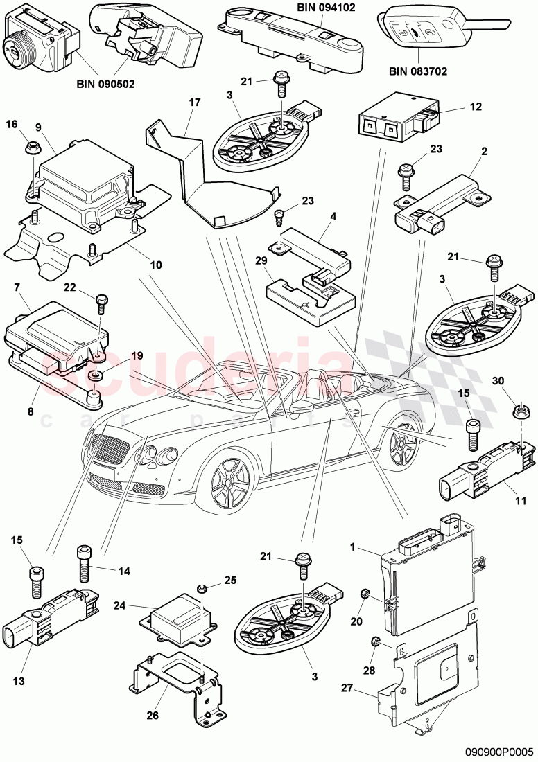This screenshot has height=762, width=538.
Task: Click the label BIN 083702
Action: point(418,71)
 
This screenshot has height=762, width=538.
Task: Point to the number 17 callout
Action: point(194,103)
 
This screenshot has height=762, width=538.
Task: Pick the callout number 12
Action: point(474,109)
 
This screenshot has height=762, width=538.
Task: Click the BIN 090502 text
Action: point(106,84)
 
